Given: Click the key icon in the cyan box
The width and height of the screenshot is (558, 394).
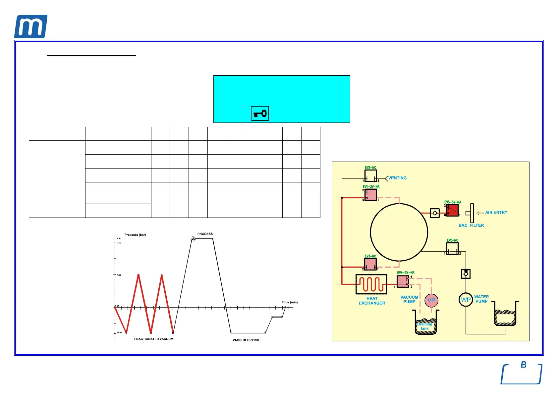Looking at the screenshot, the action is [x=260, y=114].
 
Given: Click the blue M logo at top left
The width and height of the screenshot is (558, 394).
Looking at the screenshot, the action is [x=30, y=27].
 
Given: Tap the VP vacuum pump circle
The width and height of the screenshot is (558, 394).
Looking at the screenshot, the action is [x=431, y=300].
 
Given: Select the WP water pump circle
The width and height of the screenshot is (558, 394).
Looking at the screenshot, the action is [x=466, y=300].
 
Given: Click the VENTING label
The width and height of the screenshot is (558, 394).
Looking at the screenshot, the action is [x=397, y=178].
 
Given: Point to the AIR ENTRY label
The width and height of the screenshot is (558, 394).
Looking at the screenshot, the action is [x=496, y=213].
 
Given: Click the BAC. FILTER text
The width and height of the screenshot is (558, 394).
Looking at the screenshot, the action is [x=471, y=225].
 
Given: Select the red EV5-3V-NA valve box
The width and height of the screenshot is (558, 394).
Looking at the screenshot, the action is [x=452, y=210].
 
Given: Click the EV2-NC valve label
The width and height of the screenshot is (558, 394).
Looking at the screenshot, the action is [x=370, y=168].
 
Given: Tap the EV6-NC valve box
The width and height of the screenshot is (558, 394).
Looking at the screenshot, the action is [x=452, y=249].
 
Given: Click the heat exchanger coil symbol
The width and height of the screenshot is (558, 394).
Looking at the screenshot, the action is [x=371, y=284].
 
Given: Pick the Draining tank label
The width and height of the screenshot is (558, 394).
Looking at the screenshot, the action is [x=425, y=326].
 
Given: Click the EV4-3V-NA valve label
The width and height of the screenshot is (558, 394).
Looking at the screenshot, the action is [x=406, y=273].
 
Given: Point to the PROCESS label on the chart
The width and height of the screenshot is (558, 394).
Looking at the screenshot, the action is [x=205, y=234].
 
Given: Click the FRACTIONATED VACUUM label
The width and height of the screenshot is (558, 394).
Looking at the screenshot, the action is [x=153, y=339].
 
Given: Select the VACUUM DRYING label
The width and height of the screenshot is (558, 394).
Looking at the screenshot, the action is [x=246, y=340].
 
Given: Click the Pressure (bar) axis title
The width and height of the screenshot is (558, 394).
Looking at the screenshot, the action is [x=135, y=235].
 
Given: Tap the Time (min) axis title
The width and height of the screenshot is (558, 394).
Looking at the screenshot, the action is [x=290, y=302].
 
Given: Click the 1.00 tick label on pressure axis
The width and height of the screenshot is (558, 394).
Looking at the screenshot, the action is [x=119, y=275].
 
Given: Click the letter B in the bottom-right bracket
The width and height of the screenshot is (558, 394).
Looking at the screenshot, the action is [x=524, y=365].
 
